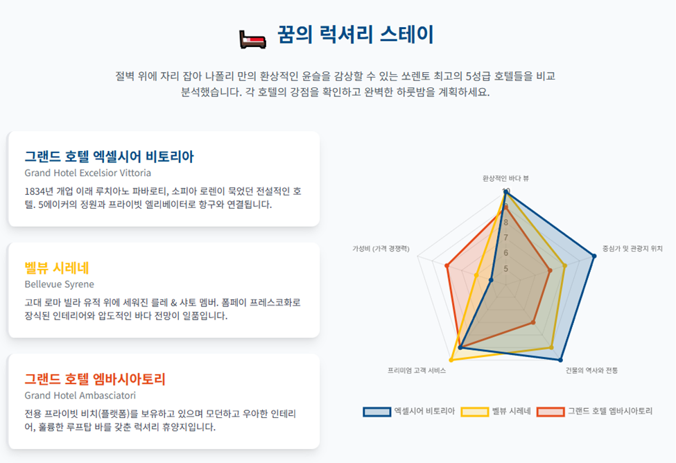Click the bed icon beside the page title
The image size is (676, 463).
tap(252, 40)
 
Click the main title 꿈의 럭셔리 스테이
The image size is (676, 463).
tap(355, 35)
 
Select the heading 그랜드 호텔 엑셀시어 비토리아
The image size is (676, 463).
tap(109, 156)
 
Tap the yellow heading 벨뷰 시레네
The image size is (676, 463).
tap(57, 268)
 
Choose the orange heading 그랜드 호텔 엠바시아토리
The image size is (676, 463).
tap(95, 379)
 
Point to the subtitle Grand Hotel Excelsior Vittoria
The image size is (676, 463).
tap(88, 173)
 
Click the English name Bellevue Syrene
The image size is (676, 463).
tap(60, 284)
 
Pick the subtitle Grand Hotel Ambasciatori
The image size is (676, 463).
tap(80, 395)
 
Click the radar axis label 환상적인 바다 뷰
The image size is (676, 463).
tap(505, 178)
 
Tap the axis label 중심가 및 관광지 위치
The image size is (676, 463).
tap(632, 248)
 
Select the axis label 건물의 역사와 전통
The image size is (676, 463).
tap(591, 370)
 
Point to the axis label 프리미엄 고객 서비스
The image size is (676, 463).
tap(417, 370)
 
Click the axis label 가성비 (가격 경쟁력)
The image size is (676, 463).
tap(381, 249)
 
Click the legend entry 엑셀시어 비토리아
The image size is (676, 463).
tap(409, 411)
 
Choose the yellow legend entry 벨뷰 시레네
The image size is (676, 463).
tap(496, 411)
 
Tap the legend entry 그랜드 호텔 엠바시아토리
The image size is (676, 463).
tap(594, 411)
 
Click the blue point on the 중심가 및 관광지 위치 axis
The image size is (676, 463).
tap(593, 256)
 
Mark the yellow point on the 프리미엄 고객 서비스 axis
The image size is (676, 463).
tap(451, 359)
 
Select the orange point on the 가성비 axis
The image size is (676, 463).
tap(447, 266)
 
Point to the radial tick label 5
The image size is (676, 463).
tap(505, 268)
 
